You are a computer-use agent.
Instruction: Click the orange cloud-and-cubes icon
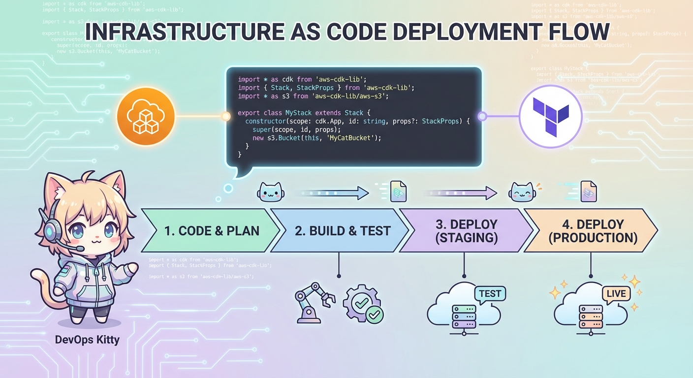coord(146,117)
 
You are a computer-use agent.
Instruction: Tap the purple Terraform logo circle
coord(551,117)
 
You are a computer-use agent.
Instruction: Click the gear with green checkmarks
coord(363,302)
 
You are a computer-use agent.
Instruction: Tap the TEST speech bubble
coord(490,294)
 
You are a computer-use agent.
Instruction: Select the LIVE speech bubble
coord(616,294)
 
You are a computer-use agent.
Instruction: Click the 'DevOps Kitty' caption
coord(87,340)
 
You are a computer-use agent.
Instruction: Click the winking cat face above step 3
coord(522,191)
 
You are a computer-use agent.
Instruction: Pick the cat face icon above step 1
coord(270,192)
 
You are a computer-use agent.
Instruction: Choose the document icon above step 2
coord(398,191)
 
